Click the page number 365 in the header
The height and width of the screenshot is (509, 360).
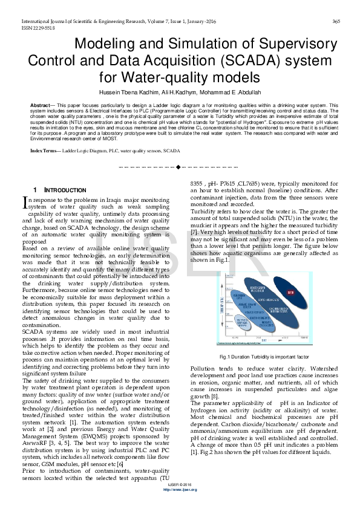[x=336, y=22]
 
